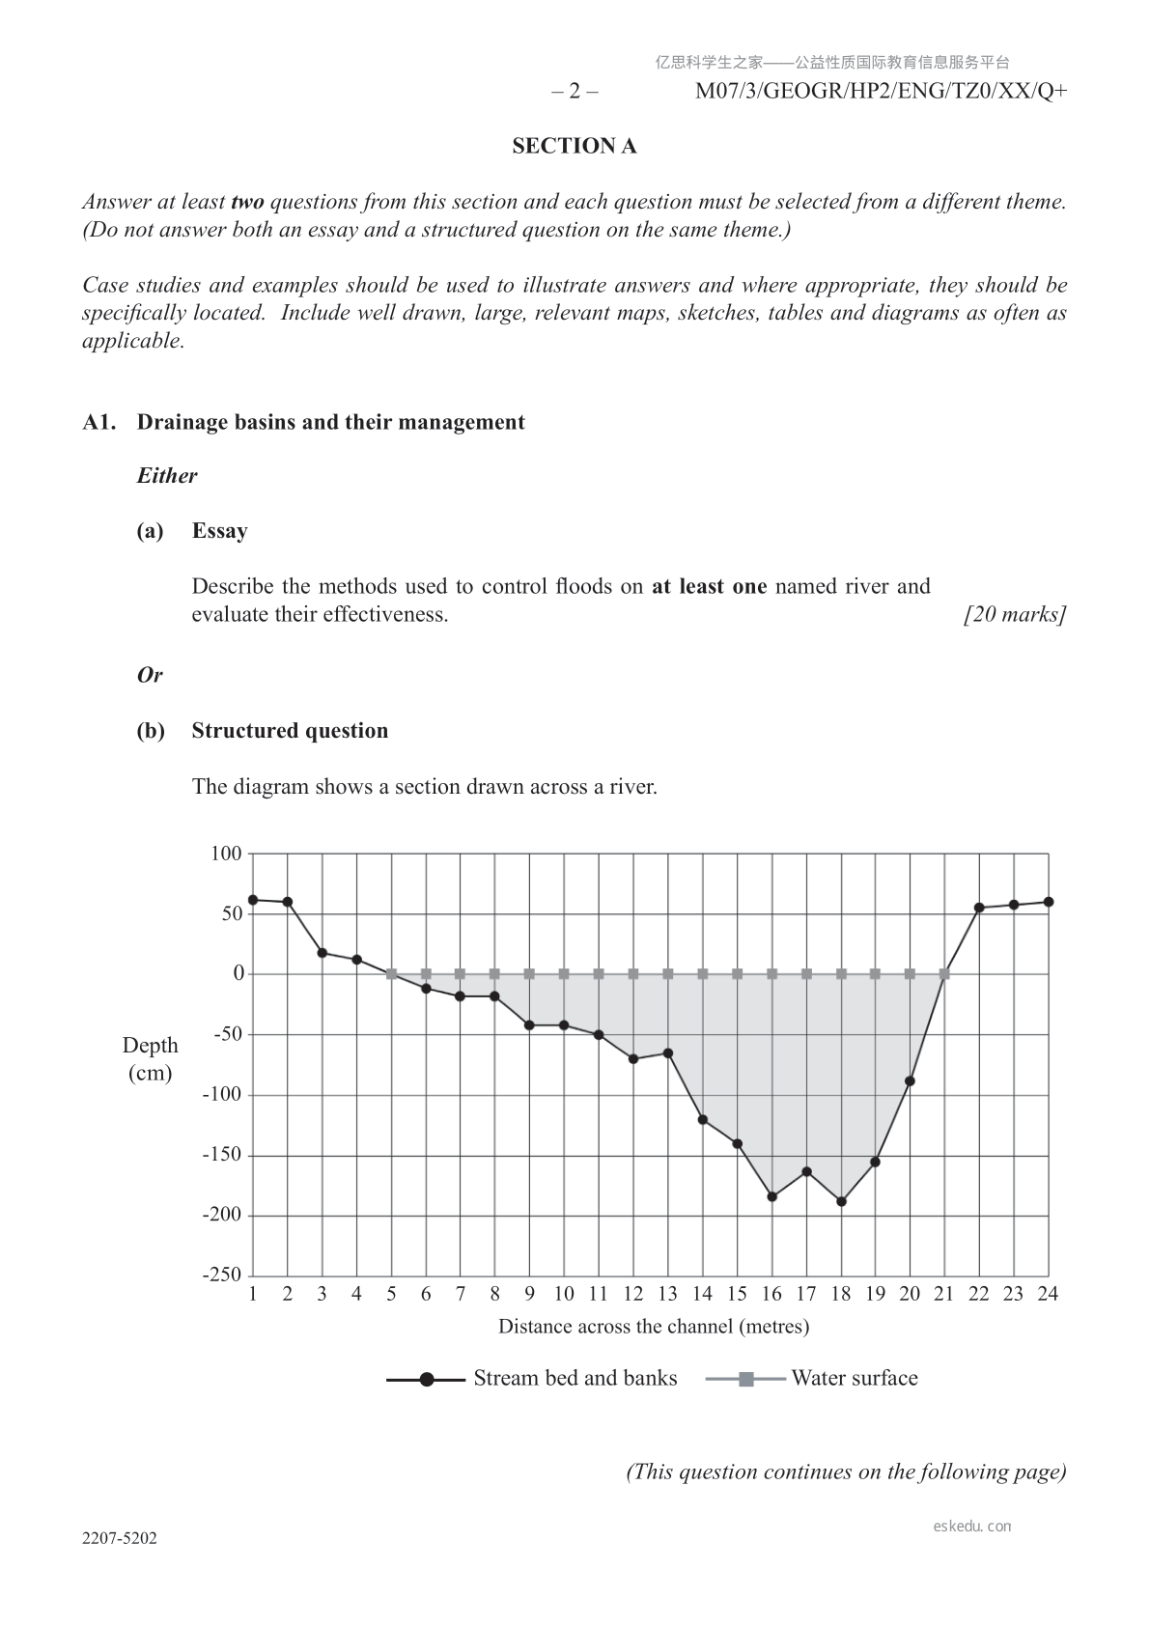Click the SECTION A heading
tap(574, 146)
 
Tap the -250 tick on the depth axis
tap(222, 1275)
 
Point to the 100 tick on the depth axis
tap(226, 854)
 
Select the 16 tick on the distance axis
tap(771, 1294)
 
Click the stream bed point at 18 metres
tap(841, 1201)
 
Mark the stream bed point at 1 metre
tap(253, 900)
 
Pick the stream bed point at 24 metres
tap(1049, 902)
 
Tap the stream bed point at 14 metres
tap(703, 1120)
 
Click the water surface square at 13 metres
tap(668, 974)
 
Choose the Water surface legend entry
tap(812, 1379)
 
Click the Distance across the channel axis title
tap(654, 1327)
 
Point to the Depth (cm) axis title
tap(150, 1059)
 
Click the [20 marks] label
tap(1015, 614)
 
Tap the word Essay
tap(219, 531)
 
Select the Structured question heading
tap(290, 731)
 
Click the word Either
tap(167, 476)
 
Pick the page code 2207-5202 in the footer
tap(120, 1539)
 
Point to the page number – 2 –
tap(575, 92)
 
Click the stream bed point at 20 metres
tap(910, 1081)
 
